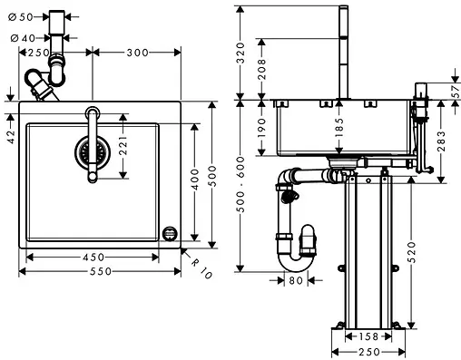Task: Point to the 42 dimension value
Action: point(10,136)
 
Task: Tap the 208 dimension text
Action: point(262,69)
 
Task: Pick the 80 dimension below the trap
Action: point(296,280)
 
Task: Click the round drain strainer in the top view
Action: point(90,151)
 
